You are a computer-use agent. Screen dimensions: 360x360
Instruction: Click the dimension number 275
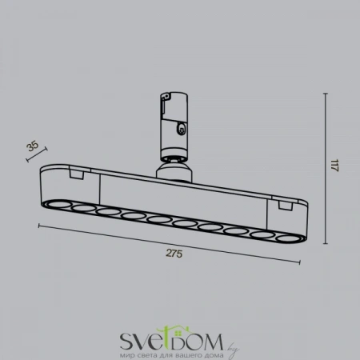(x=174, y=254)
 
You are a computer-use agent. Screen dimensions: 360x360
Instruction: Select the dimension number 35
(x=32, y=146)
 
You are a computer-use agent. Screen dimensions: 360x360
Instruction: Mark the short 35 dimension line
(x=38, y=152)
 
